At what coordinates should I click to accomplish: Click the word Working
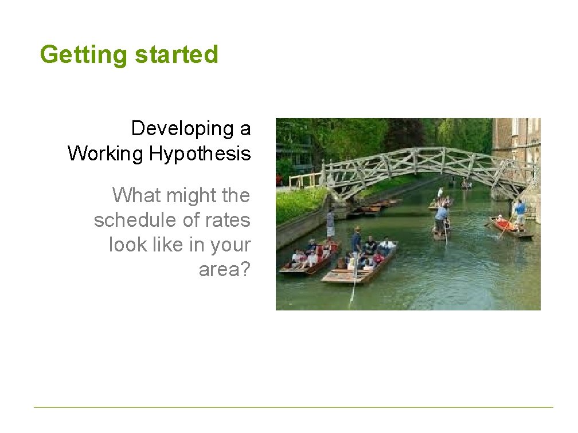106,153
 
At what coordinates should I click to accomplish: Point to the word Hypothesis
200,153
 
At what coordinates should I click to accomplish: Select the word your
231,245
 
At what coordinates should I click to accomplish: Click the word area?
224,269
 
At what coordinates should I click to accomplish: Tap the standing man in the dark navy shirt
357,241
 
